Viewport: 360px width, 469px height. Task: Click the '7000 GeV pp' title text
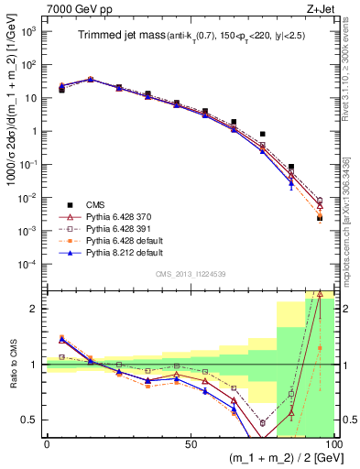78,8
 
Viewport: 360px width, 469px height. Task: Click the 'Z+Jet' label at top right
316,8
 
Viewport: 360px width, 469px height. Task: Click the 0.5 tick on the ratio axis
33,420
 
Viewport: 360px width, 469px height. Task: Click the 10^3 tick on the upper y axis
31,30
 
